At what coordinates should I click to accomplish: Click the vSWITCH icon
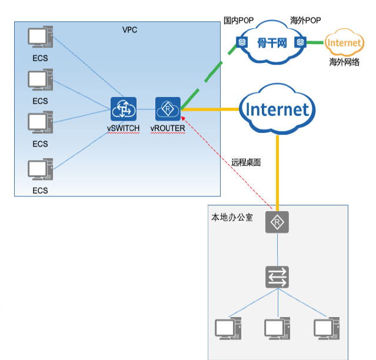tap(123, 109)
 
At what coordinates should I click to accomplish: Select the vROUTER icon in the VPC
tap(168, 109)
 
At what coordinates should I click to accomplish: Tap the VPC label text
tap(129, 29)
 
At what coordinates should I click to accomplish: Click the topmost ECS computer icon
tap(40, 38)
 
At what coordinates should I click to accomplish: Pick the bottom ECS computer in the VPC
tap(40, 170)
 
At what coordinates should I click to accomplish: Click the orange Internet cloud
tap(344, 43)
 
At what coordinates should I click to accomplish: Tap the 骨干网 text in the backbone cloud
tap(272, 43)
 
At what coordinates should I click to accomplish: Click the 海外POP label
tap(305, 21)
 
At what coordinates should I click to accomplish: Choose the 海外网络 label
tap(344, 62)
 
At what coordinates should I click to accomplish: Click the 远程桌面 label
tap(246, 162)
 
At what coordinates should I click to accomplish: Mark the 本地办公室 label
tap(232, 217)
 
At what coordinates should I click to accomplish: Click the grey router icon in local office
tap(277, 223)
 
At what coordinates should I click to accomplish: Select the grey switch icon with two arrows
tap(277, 276)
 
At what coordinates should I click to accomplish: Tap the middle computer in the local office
tap(276, 328)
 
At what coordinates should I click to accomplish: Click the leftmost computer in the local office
tap(227, 328)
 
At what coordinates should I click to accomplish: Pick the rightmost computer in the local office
tap(325, 328)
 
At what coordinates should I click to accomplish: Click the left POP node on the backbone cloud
tap(241, 42)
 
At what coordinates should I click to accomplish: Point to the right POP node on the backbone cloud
tap(300, 42)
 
